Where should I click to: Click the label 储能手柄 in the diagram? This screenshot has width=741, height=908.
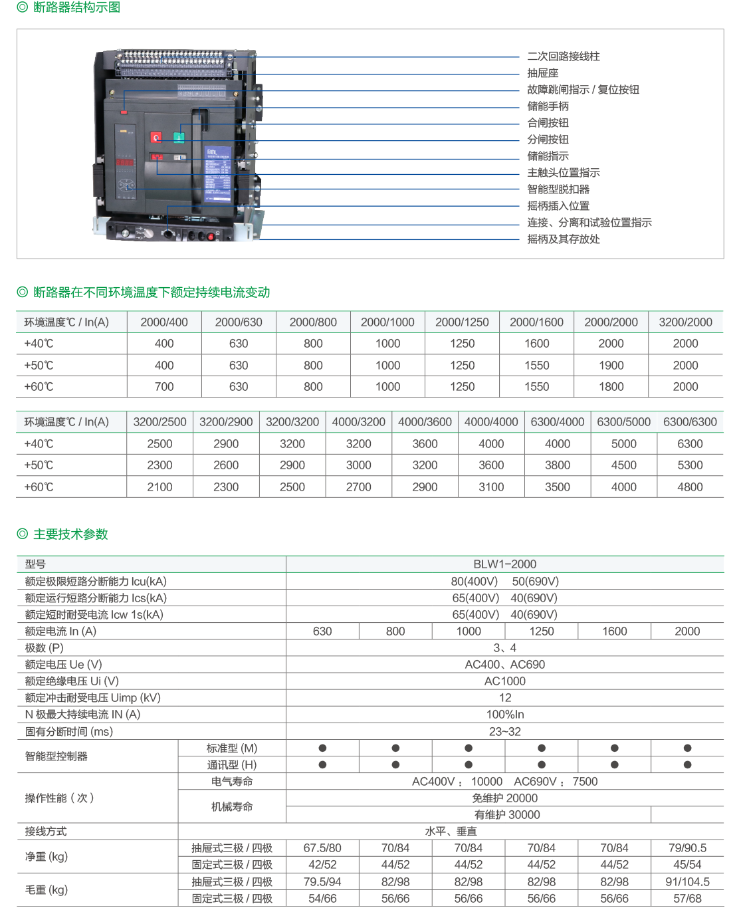coord(548,106)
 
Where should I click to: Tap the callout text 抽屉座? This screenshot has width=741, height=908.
coord(542,73)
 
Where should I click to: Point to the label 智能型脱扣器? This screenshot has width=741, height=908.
coord(558,189)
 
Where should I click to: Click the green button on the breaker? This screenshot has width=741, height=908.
coord(179,137)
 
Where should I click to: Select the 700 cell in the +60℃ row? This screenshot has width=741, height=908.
coord(164,387)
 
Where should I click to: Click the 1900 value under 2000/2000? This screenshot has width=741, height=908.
coord(611,366)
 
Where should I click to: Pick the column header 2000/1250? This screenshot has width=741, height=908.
coord(462,322)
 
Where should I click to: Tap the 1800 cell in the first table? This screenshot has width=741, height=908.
coord(611,387)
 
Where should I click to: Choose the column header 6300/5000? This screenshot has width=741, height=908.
coord(623,422)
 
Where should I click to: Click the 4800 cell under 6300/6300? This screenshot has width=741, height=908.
coord(690,487)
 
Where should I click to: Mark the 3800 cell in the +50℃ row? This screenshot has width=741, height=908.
coord(557,465)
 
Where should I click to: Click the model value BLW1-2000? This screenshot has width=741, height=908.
coord(504,564)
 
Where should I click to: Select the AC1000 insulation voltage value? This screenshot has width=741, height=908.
coord(504,681)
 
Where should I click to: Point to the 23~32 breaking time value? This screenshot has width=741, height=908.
coord(504,732)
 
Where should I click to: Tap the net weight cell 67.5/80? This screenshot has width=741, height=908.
coord(322,848)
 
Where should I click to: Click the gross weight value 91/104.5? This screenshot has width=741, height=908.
coord(687,882)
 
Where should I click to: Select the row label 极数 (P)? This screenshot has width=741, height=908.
coord(45,648)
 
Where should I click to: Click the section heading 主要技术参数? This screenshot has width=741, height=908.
coord(70,534)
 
